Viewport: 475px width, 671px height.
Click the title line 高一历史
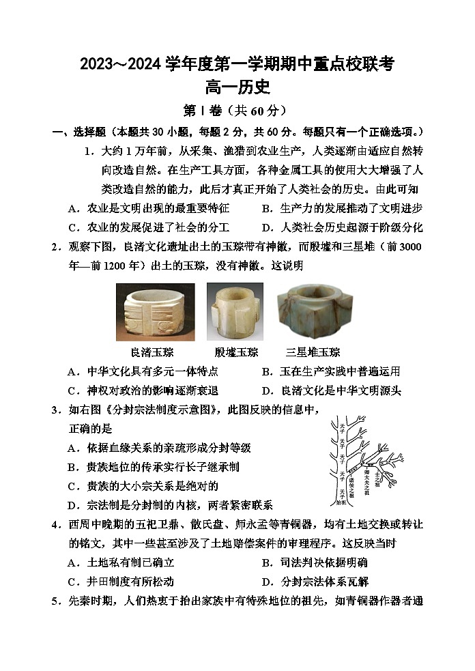tap(237, 87)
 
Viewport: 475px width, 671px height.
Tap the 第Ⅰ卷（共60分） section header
tap(237, 111)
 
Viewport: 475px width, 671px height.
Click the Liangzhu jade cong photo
tap(156, 311)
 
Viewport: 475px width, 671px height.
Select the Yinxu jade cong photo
tap(235, 311)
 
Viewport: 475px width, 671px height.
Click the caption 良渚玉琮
tap(152, 352)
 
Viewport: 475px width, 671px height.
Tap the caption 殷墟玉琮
tap(236, 352)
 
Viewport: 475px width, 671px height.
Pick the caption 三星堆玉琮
tap(313, 352)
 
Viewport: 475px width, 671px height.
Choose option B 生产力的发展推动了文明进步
tap(342, 209)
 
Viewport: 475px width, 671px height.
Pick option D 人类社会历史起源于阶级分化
tap(342, 227)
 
